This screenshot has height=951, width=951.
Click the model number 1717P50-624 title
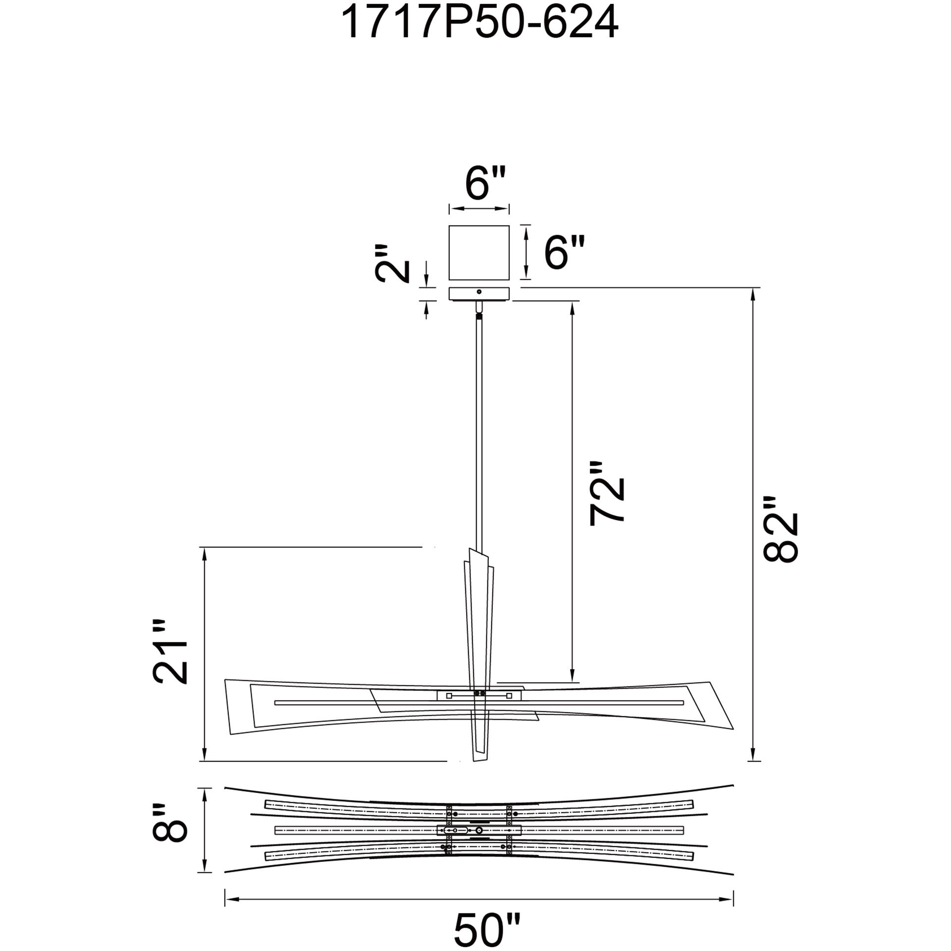point(479,23)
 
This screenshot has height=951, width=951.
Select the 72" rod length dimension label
point(606,493)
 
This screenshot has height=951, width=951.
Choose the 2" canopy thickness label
point(393,263)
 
